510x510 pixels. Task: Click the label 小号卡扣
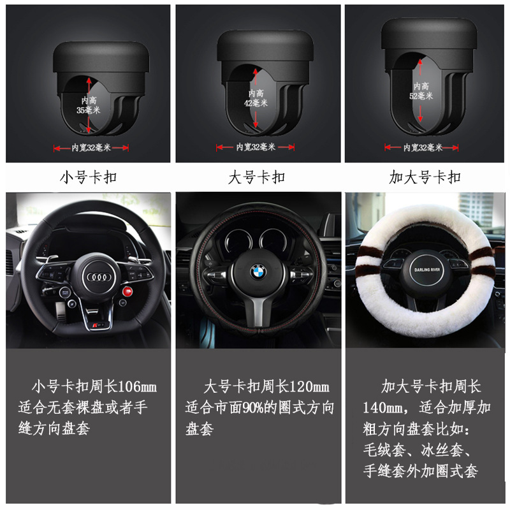tap(88, 177)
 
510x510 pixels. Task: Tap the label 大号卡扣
tap(257, 177)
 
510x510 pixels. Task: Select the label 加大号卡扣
tap(425, 177)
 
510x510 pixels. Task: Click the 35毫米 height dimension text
tap(88, 110)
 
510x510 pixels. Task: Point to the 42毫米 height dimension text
tap(256, 103)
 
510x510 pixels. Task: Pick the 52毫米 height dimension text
tap(421, 96)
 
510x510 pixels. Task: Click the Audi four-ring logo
tap(99, 277)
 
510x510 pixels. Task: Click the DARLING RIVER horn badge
tap(426, 270)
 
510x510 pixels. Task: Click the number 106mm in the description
tap(137, 387)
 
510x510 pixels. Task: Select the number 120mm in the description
tap(309, 387)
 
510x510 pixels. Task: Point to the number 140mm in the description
tap(382, 407)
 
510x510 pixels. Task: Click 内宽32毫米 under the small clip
tap(91, 148)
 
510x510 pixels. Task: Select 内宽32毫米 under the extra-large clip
tap(423, 148)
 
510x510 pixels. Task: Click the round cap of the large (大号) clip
tap(265, 45)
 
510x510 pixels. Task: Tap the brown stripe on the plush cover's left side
tap(366, 264)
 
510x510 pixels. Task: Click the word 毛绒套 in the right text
tap(384, 450)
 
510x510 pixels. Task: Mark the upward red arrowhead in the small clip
tap(89, 82)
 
